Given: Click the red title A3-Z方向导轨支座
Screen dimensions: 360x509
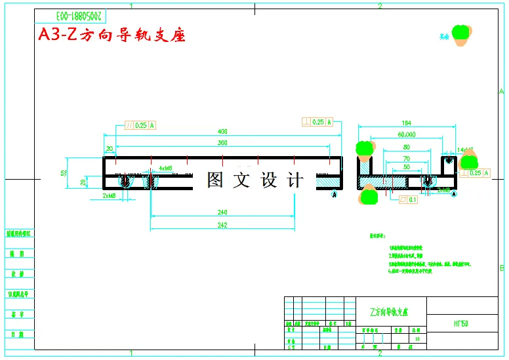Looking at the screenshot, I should (112, 35).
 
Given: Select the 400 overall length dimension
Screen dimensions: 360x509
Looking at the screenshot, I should (222, 130).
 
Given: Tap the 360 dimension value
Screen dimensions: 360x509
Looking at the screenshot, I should (222, 142).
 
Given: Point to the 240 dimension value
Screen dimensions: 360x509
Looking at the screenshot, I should (222, 212).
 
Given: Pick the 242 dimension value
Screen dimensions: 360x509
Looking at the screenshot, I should (222, 225).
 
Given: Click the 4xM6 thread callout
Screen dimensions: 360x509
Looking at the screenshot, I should (165, 168).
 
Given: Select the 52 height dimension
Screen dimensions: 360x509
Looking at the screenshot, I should (64, 173).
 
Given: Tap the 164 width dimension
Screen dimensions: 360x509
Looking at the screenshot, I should (406, 123).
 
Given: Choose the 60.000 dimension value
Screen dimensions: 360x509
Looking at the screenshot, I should (406, 134).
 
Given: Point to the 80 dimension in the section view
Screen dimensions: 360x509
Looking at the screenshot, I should (406, 147).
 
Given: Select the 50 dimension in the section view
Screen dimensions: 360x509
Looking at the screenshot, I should (406, 168).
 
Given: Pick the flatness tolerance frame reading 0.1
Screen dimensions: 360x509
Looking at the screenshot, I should (407, 201).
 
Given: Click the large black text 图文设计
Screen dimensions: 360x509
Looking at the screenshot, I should (255, 180).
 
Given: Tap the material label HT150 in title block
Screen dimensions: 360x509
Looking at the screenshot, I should (461, 324).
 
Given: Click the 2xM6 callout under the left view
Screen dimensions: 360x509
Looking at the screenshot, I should (109, 195).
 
